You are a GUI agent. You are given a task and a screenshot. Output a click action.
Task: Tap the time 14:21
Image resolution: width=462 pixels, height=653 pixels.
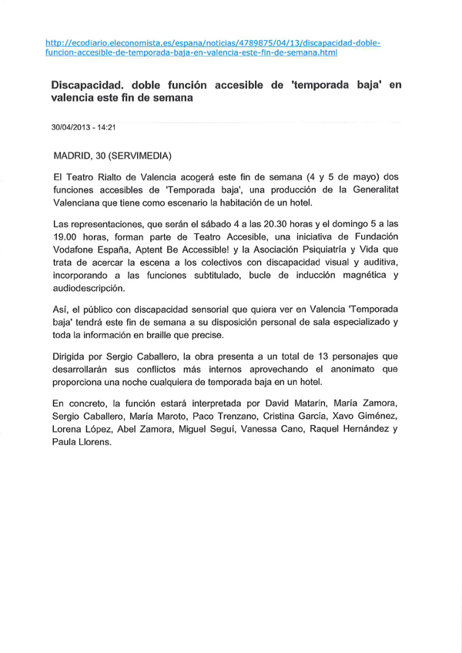tap(115, 126)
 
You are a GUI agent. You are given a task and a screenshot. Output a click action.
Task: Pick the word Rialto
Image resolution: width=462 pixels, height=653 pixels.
tap(110, 176)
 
